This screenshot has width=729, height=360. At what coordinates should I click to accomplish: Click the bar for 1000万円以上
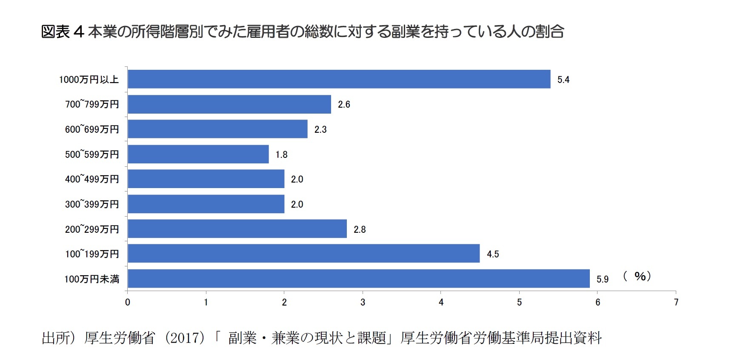click(x=339, y=79)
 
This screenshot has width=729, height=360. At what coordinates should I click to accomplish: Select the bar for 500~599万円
click(x=198, y=154)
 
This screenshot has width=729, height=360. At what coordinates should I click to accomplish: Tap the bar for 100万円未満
click(x=358, y=279)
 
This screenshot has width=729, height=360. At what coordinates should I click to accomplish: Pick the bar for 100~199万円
click(x=303, y=254)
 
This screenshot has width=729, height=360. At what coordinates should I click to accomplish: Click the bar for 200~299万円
click(x=237, y=229)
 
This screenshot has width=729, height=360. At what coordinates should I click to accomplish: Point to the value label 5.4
click(x=563, y=80)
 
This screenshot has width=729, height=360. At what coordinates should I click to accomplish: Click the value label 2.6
click(x=344, y=104)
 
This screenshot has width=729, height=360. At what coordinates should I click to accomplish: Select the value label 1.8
click(x=281, y=154)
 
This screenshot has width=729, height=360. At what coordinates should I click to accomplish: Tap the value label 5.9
click(x=602, y=279)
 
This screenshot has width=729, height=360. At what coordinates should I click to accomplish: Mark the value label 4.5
click(x=492, y=254)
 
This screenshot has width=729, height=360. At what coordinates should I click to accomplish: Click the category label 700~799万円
click(x=91, y=104)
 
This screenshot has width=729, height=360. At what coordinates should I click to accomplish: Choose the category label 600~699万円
click(x=91, y=129)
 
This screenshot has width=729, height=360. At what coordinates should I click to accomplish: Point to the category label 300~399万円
click(x=91, y=204)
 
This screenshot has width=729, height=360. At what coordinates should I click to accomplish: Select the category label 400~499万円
click(x=91, y=179)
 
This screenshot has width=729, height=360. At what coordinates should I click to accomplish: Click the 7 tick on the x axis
click(x=676, y=302)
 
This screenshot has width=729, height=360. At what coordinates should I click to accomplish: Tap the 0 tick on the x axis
click(x=128, y=302)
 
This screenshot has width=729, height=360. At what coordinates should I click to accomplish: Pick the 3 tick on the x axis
click(x=363, y=302)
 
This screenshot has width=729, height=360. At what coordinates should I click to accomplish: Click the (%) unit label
click(x=637, y=276)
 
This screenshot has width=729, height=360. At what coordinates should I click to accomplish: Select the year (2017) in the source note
click(x=185, y=338)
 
